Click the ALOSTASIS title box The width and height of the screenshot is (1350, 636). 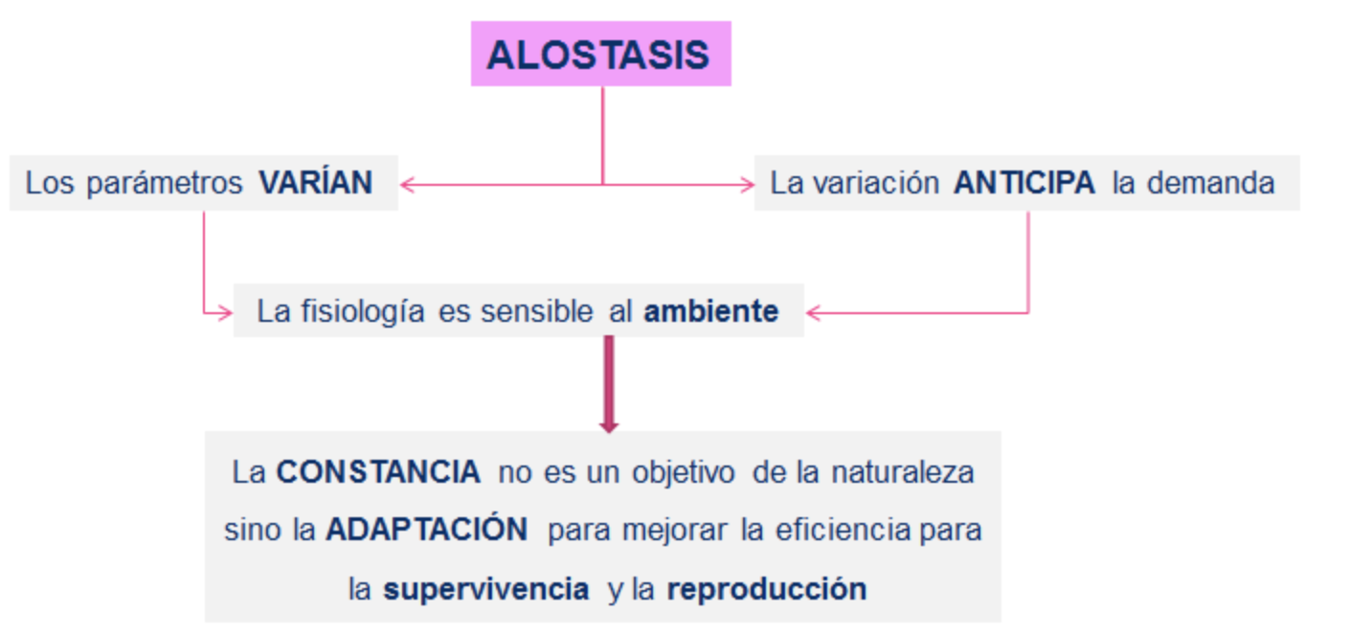pos(601,54)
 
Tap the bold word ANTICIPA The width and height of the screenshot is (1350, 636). pos(1024,182)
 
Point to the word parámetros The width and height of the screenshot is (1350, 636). pos(164,183)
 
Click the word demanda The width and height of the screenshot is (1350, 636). pos(1210,183)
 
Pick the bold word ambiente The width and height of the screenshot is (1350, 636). pos(711,311)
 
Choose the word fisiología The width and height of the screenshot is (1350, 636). pos(363,312)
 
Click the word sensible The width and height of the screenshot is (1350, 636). pos(537,311)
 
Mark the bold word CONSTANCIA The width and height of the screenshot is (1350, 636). pos(378,471)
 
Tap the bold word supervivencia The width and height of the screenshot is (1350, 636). pos(486,589)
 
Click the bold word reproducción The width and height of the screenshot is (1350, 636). pos(767,588)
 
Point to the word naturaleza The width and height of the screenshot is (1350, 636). pos(903,472)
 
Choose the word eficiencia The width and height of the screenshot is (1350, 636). pos(843,530)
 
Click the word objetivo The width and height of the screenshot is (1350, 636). pos(684,472)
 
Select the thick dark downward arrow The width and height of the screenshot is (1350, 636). pos(609,384)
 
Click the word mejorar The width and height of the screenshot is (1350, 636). pos(674,531)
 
